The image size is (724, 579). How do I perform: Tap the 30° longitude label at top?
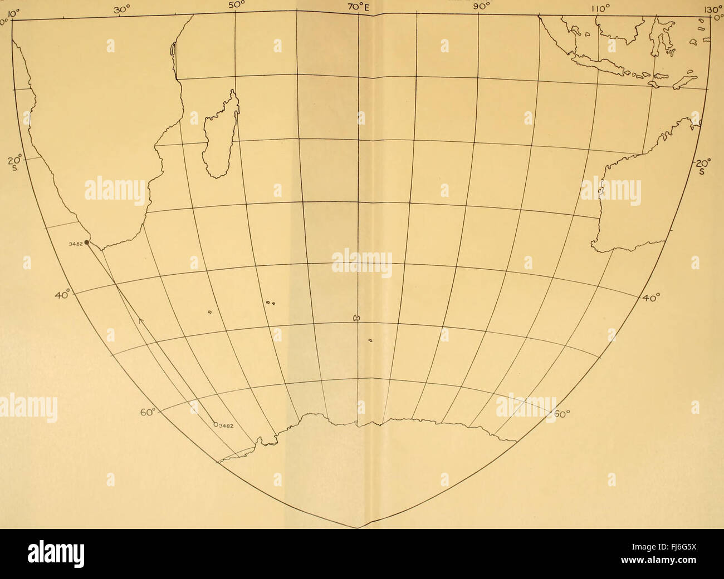pos(122,9)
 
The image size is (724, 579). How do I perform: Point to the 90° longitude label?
pos(481,7)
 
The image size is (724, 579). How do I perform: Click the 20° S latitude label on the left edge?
pos(16,164)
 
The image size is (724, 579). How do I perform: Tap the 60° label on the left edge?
pos(148,412)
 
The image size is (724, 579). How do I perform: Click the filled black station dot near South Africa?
pos(87,243)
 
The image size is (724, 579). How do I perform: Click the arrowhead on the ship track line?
pos(140,321)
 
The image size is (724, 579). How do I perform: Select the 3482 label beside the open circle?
pos(225,427)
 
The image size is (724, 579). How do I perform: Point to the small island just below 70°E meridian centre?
pos(370,340)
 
